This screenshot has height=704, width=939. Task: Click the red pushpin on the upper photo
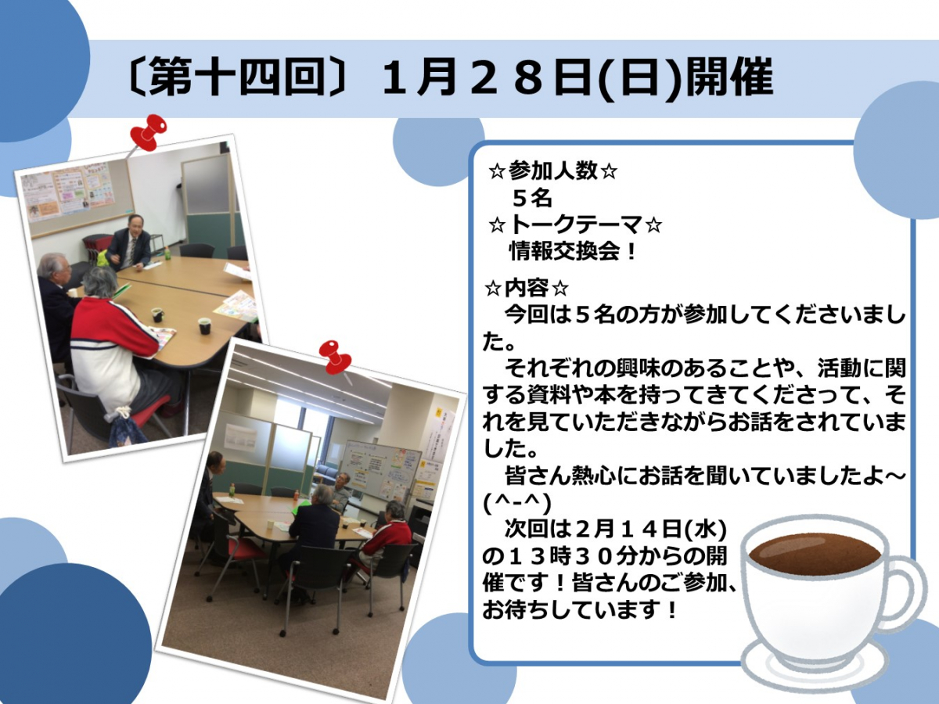click(x=148, y=132)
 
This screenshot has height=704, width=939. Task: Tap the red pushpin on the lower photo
click(x=336, y=358)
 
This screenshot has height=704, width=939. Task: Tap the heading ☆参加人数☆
click(x=552, y=172)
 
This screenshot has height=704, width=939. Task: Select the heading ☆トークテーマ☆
click(x=575, y=224)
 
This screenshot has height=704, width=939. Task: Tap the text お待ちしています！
click(x=580, y=611)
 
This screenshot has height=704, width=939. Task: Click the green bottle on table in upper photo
click(x=167, y=254)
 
